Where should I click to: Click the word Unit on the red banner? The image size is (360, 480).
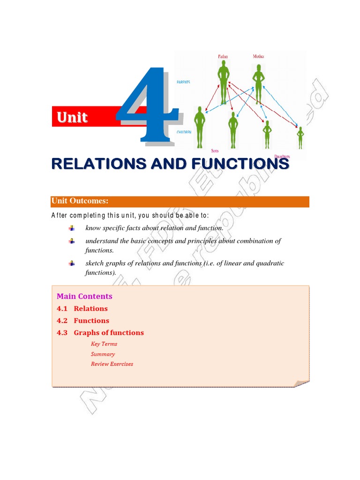[72, 117]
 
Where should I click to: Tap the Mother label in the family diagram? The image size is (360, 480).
[258, 56]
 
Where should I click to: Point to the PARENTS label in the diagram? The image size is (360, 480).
[183, 82]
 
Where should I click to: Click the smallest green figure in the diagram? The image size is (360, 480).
[300, 138]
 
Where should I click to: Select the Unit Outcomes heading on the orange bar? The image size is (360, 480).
[80, 201]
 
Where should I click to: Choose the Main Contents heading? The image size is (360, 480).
[84, 296]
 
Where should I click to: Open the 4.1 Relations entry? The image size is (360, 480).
[82, 308]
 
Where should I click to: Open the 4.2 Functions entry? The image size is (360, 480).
[83, 321]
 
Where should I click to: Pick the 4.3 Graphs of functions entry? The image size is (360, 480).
[100, 333]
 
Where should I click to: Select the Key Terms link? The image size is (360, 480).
[104, 344]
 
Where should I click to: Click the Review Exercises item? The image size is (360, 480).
[112, 364]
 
